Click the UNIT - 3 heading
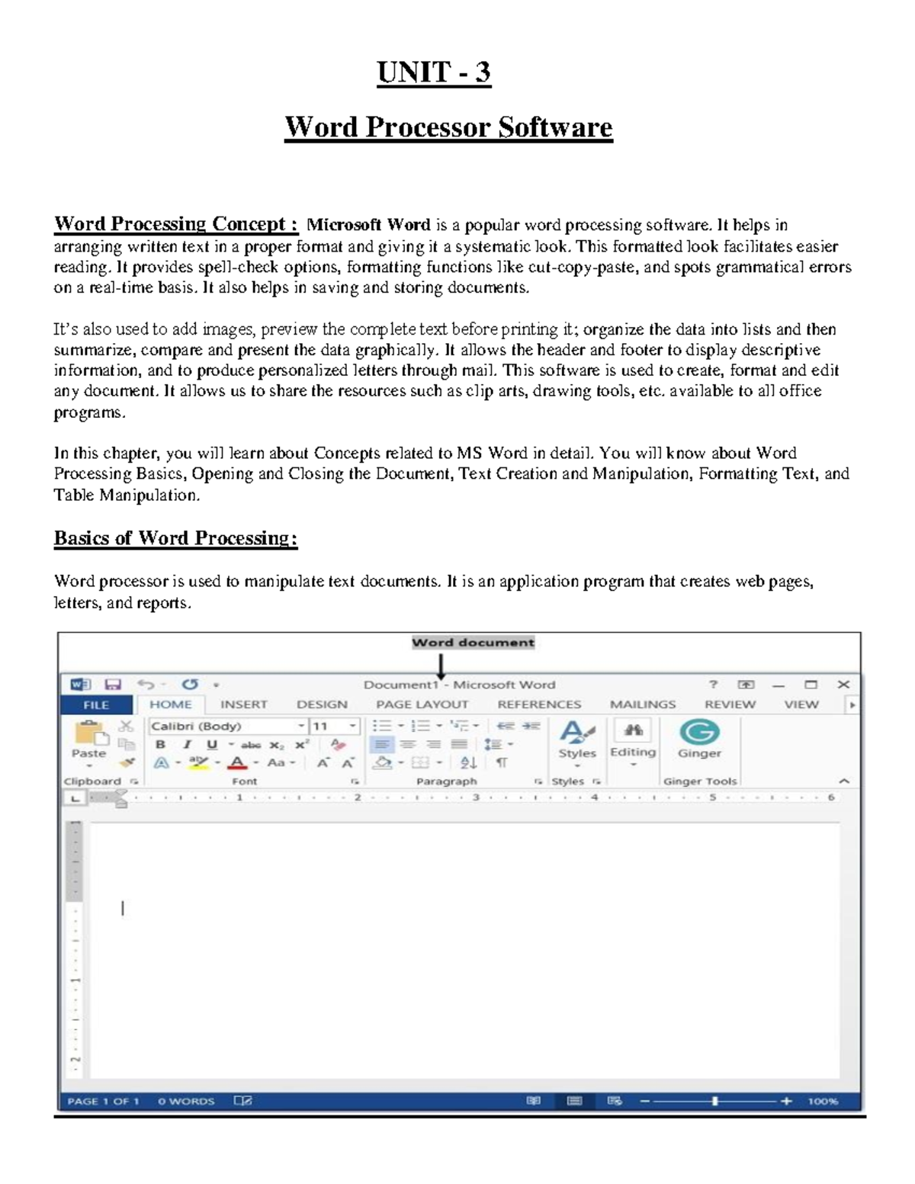coord(434,72)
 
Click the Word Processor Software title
coord(448,127)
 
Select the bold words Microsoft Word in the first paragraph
coord(368,225)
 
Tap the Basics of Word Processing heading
coord(175,538)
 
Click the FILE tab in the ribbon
coord(96,705)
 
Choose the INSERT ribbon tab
coord(243,704)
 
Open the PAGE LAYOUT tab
coord(422,704)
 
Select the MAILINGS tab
coord(642,704)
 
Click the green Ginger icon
coord(699,732)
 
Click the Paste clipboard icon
coord(90,736)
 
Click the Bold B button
coord(160,745)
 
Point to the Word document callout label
coord(473,643)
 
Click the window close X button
coord(843,685)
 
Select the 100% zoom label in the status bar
coord(823,1101)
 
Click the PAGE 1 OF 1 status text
coord(103,1101)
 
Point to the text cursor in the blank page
coord(123,908)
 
